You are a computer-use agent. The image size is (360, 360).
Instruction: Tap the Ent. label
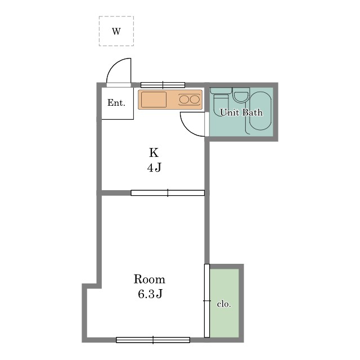116,102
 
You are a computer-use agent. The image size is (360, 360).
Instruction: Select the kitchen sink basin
154,100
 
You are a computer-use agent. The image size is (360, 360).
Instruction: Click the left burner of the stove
184,100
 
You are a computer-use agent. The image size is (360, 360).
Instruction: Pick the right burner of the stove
195,100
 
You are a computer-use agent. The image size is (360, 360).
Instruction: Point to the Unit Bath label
241,112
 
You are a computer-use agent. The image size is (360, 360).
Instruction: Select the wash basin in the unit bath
241,95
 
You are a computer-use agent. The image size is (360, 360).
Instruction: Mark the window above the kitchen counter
163,85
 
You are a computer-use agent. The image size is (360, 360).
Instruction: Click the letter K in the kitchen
154,152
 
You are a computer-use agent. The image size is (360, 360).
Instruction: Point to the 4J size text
154,167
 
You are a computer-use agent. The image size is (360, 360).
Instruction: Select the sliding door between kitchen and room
168,193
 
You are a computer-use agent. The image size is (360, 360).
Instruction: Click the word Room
150,279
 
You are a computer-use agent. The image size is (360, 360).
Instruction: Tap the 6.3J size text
150,294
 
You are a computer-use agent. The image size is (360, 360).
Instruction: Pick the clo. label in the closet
224,304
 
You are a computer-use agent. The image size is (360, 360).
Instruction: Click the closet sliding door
207,301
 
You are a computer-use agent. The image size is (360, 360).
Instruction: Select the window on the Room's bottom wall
153,340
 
